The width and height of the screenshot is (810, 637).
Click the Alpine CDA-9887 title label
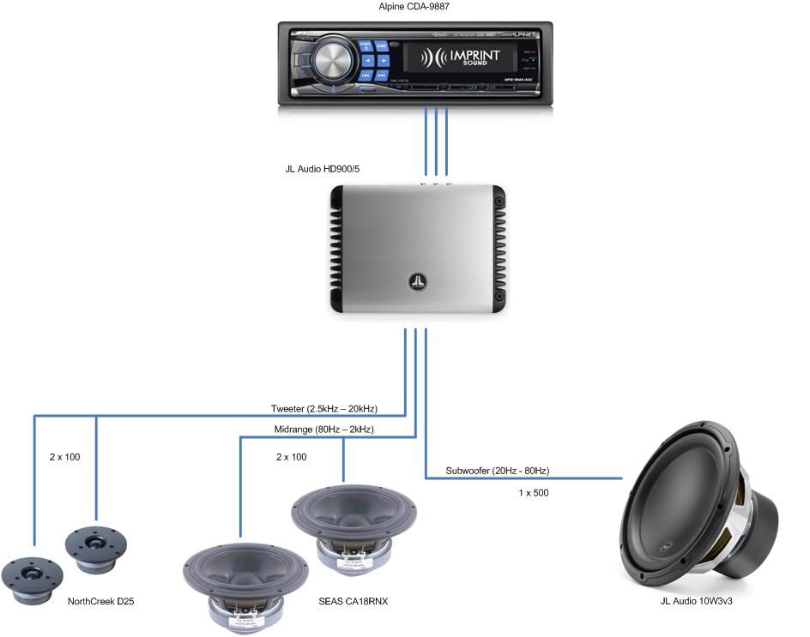point(414,8)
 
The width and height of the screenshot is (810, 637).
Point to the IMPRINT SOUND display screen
point(460,59)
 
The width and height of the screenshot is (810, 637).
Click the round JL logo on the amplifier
point(417,281)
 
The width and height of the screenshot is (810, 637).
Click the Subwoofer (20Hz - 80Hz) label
point(497,471)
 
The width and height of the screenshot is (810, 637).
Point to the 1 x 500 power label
point(533,493)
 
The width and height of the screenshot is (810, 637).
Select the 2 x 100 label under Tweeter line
point(64,457)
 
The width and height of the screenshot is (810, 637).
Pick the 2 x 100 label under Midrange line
point(291,457)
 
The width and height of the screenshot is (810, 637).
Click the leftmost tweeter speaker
point(33,574)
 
